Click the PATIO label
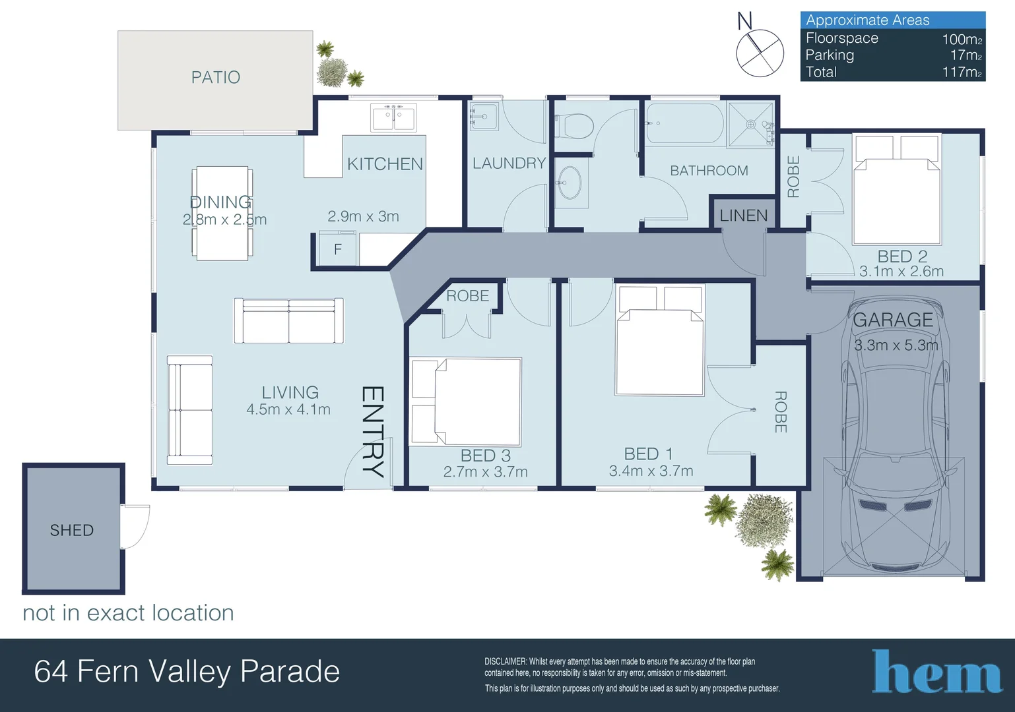(x=215, y=77)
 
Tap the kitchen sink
(x=393, y=118)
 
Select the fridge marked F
(x=337, y=249)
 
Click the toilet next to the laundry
(x=575, y=125)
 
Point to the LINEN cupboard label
(x=743, y=216)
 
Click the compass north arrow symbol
(x=760, y=52)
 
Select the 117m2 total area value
(x=962, y=73)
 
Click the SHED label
(x=72, y=530)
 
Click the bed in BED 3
(x=467, y=401)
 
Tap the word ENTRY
(x=372, y=431)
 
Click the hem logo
(x=936, y=672)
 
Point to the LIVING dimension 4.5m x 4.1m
(x=288, y=409)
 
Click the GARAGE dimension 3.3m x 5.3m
(x=896, y=345)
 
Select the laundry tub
(x=484, y=117)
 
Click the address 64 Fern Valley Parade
(x=187, y=672)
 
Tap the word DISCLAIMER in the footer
(x=506, y=661)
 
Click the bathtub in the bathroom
(x=684, y=123)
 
